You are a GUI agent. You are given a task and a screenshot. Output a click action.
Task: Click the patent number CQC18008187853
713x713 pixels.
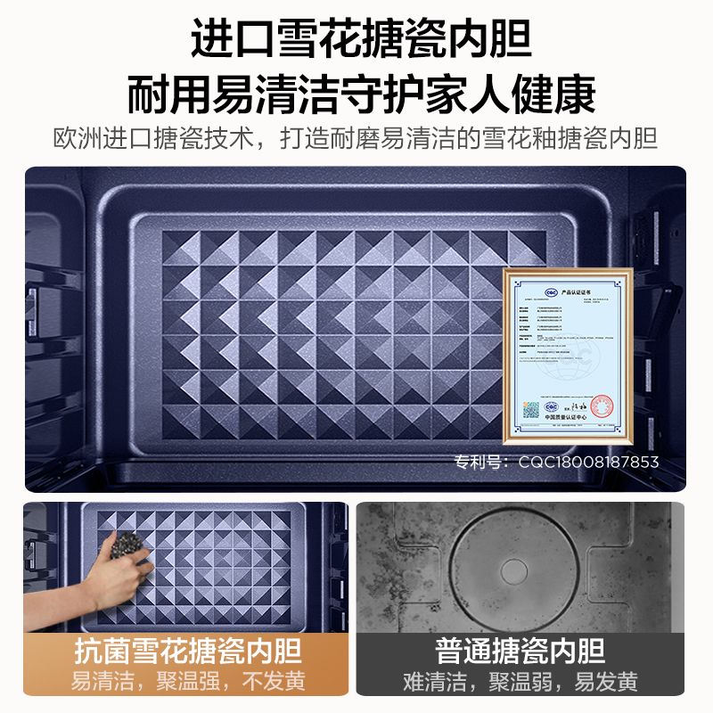[x=589, y=462]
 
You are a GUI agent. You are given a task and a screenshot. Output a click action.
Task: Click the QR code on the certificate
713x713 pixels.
[x=530, y=409]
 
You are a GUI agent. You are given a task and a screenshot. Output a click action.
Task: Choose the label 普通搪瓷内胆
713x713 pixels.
[x=520, y=651]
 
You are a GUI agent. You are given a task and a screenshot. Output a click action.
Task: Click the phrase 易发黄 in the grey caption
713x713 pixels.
[x=606, y=683]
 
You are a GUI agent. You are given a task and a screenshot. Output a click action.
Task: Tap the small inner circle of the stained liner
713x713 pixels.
[x=515, y=570]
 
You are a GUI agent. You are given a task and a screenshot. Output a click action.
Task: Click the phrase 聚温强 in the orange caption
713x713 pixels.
[x=187, y=683]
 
